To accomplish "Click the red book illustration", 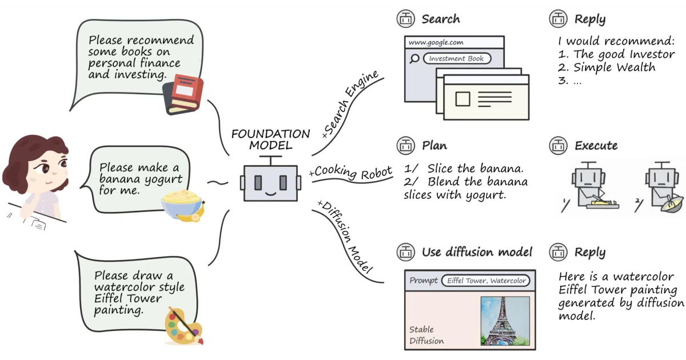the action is pos(184,94).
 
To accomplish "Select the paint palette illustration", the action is pos(184,326).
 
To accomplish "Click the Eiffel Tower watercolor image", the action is pos(505,321).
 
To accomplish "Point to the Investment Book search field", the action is pos(457,58).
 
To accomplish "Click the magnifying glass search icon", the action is pos(414,58).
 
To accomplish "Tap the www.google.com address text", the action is pos(436,42).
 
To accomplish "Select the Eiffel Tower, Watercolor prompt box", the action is pos(486,281).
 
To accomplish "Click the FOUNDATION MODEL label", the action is pos(271,139).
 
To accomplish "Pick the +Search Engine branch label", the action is pos(350,103).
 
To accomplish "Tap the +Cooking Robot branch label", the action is pos(350,172).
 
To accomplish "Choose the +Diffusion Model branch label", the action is pos(345,237).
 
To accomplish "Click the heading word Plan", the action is pos(434,145).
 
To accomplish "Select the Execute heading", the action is pos(596,145).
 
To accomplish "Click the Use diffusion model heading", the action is pos(477,252).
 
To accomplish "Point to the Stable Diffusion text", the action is pos(426,335).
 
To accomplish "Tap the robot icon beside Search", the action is pos(406,19).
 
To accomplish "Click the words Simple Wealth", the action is pos(614,67).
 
